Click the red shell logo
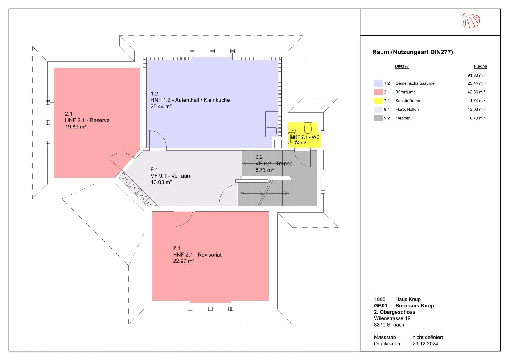tap(471, 20)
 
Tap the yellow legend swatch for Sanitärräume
tap(378, 101)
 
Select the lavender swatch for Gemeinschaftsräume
tap(378, 83)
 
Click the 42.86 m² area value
tap(476, 92)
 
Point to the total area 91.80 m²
tap(476, 75)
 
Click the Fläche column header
tap(480, 66)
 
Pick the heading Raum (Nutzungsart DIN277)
tap(412, 52)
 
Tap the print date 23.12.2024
tap(425, 344)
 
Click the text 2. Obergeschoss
tap(394, 312)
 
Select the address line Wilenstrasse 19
tap(392, 318)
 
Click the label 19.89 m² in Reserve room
tap(76, 127)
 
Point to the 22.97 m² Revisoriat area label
tap(183, 261)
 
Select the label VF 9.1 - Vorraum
tap(171, 176)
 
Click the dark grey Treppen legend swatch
tap(378, 118)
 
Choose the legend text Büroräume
tap(406, 92)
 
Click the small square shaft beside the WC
tap(278, 144)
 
